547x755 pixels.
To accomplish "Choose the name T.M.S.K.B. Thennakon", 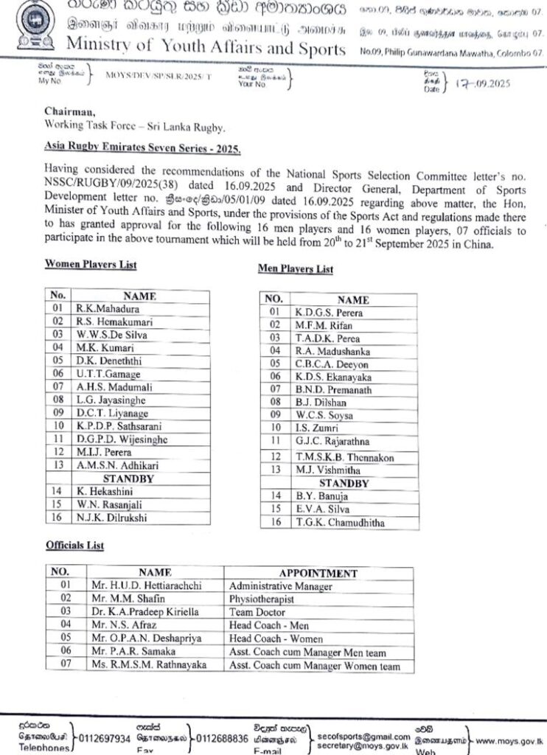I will tap(344, 457).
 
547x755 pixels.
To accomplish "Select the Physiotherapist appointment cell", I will tap(263, 598).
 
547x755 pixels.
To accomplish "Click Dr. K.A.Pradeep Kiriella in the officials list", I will tap(142, 611).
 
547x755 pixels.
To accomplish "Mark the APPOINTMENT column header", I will tap(318, 572).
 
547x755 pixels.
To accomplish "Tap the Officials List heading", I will tap(74, 545).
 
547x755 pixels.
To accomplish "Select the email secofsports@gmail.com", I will tap(363, 736).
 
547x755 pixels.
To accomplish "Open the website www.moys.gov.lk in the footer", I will tap(510, 738).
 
